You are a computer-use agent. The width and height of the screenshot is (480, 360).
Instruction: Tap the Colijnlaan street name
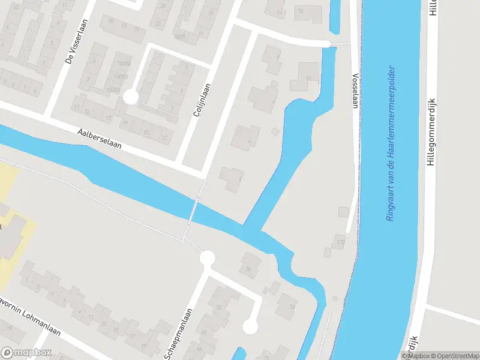pyautogui.click(x=202, y=100)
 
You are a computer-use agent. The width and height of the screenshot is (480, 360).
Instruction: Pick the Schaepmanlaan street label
pyautogui.click(x=179, y=334)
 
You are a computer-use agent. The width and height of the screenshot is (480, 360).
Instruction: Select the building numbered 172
pyautogui.click(x=340, y=242)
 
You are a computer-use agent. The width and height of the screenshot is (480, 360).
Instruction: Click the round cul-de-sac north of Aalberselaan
pyautogui.click(x=130, y=97)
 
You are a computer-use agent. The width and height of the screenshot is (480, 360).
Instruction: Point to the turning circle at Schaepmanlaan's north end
pyautogui.click(x=207, y=259)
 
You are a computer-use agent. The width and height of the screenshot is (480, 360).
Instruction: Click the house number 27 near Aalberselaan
pyautogui.click(x=164, y=137)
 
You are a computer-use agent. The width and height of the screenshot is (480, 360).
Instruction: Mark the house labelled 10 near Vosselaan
pyautogui.click(x=308, y=78)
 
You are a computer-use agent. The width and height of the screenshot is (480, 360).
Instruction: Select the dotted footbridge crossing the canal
pyautogui.click(x=193, y=210)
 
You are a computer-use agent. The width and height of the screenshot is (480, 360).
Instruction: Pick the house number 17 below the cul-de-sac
pyautogui.click(x=109, y=119)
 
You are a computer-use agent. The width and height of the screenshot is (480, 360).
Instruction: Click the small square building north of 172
pyautogui.click(x=343, y=212)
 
